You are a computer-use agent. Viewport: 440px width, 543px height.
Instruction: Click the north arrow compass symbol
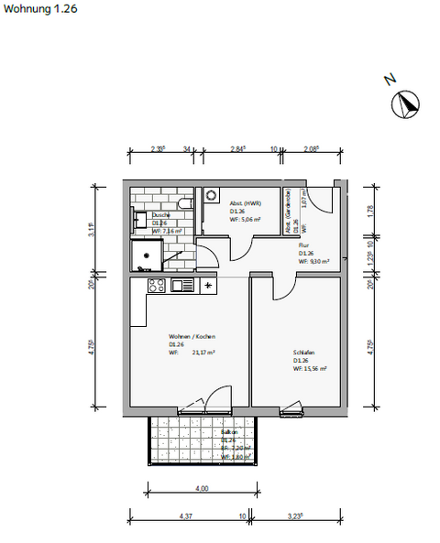[x=404, y=105]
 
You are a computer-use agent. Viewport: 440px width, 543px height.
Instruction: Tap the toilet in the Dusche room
[x=184, y=203]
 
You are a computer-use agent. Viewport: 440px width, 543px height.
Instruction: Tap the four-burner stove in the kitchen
[x=157, y=286]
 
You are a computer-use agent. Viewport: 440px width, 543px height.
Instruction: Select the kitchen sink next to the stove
[x=181, y=286]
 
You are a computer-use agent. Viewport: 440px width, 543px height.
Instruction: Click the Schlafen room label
[x=304, y=352]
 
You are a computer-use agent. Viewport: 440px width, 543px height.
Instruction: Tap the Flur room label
[x=302, y=245]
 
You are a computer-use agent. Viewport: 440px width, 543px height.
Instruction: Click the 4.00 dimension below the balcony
[x=203, y=488]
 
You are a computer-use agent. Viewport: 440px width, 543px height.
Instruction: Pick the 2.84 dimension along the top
[x=238, y=147]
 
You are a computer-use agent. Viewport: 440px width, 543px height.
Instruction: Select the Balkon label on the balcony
[x=229, y=430]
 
